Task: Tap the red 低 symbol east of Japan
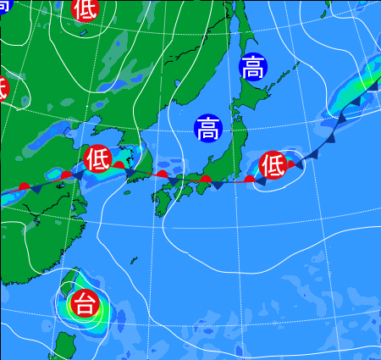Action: tap(273, 165)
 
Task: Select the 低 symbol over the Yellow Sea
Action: tap(98, 158)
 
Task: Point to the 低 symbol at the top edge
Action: tap(84, 9)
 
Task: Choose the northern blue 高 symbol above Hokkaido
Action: tap(251, 67)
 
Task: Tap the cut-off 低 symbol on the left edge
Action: tap(3, 86)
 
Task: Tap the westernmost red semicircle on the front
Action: tap(25, 186)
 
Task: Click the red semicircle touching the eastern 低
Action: tap(290, 163)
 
